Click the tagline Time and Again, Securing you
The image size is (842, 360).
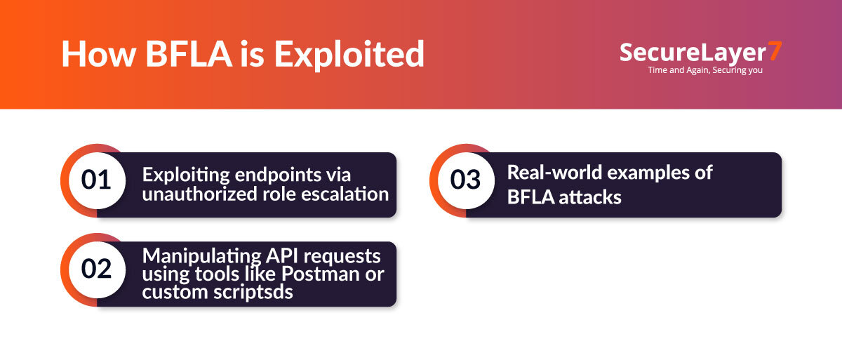point(704,70)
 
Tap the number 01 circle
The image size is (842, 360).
point(96,180)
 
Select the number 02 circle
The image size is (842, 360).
point(96,269)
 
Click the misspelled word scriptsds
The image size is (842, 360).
point(253,291)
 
